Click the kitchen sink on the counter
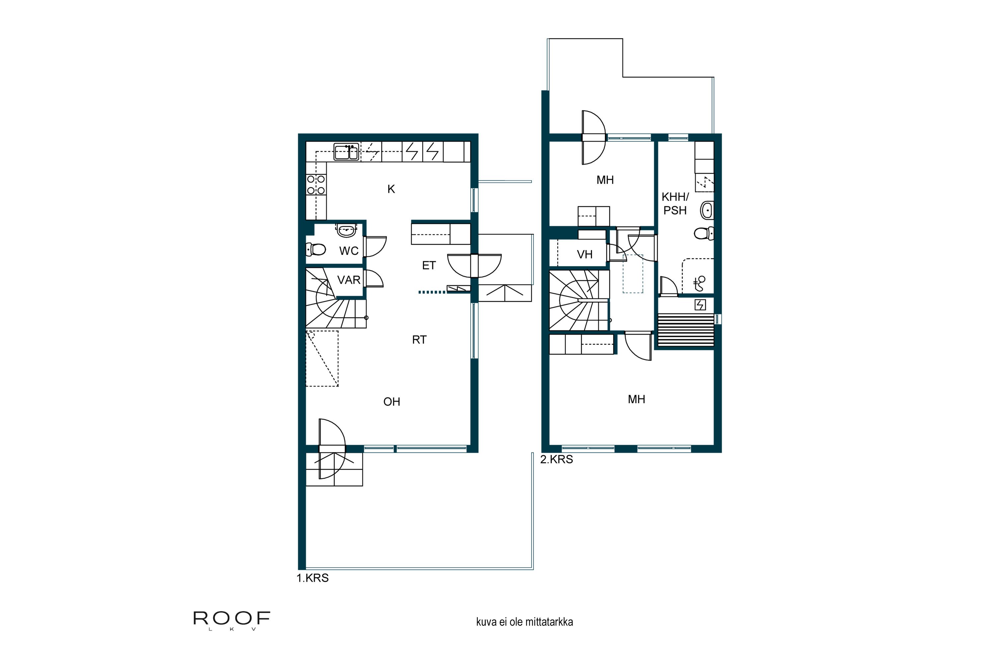click(x=346, y=152)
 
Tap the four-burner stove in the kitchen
click(x=316, y=185)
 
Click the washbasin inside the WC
click(x=347, y=231)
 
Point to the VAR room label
click(x=349, y=280)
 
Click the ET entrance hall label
click(x=429, y=266)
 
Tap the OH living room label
click(x=391, y=401)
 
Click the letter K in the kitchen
click(x=391, y=189)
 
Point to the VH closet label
click(x=584, y=255)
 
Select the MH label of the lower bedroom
click(x=636, y=399)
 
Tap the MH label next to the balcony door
click(x=605, y=180)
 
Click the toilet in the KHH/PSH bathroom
click(x=704, y=233)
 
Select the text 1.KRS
click(x=312, y=578)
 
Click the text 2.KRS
click(x=556, y=459)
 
